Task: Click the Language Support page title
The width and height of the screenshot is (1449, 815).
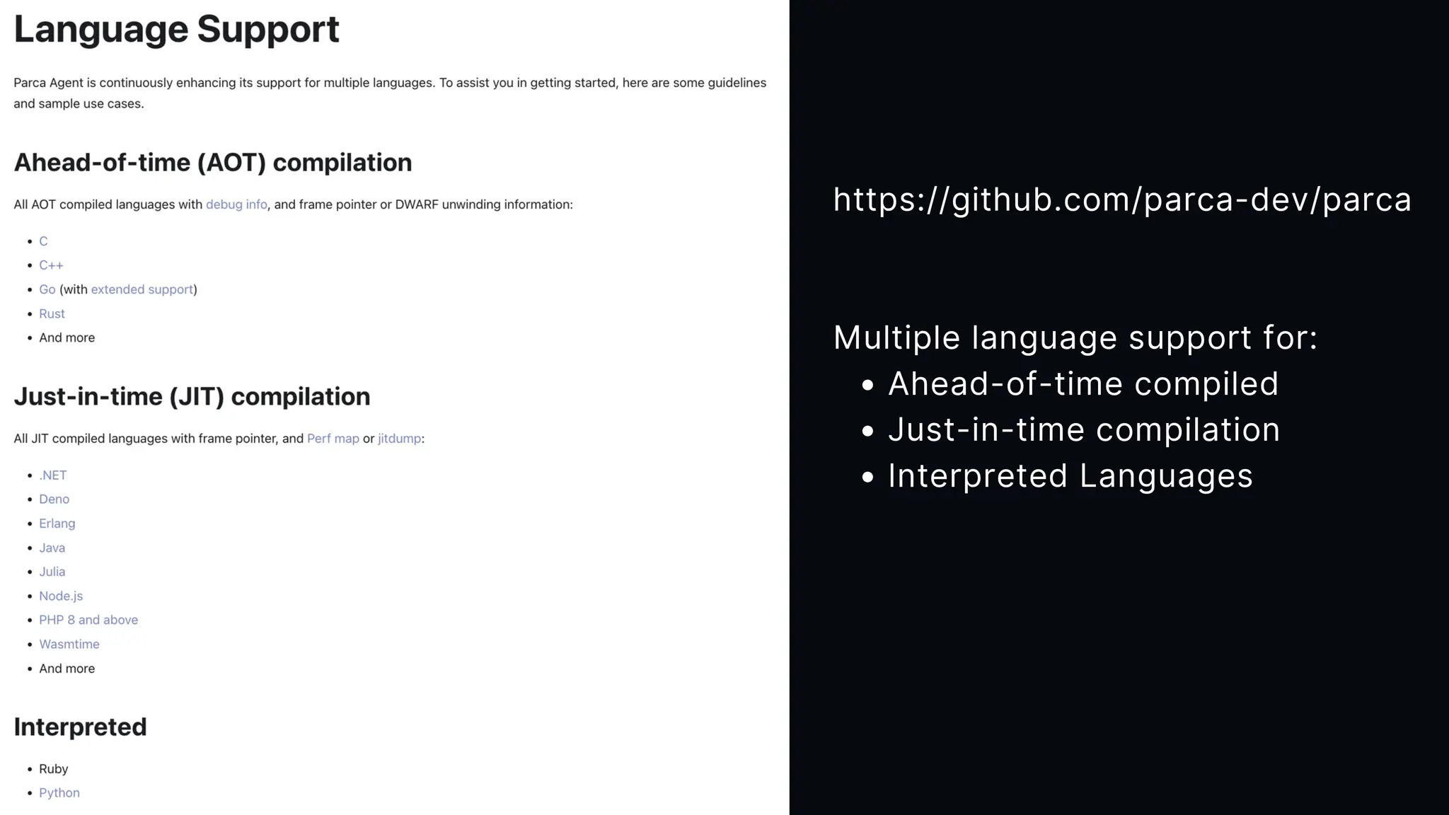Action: [176, 30]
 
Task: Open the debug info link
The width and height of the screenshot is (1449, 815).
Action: [236, 204]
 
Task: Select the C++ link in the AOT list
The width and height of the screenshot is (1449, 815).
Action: [51, 265]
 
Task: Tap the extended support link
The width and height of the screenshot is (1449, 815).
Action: [142, 289]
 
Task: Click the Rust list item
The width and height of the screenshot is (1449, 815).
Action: [52, 313]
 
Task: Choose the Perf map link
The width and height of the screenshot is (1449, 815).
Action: [333, 439]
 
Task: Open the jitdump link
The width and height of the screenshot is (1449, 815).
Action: [399, 439]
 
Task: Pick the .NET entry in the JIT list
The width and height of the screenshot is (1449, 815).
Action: [52, 475]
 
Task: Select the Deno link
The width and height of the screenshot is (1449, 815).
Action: [54, 499]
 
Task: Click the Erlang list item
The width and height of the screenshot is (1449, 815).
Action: [57, 524]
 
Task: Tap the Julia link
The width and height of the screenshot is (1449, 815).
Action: [52, 572]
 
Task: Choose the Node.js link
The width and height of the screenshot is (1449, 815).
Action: [61, 596]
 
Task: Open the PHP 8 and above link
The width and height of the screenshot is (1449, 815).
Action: [88, 620]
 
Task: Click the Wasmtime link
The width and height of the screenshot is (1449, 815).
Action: [69, 645]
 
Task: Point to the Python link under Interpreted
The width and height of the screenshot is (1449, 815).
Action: [59, 793]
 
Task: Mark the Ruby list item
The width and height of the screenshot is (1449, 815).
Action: [53, 769]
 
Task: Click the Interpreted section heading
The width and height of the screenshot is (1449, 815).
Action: [80, 727]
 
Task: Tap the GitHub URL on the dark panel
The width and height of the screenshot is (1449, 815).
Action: [1121, 200]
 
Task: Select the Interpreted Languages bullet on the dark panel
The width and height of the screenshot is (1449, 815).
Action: [1070, 475]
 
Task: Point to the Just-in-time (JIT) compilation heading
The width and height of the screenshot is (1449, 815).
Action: [192, 397]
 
